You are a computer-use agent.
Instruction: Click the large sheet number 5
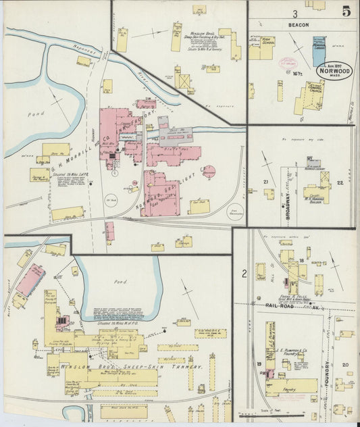click(345, 11)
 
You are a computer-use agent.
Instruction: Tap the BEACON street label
click(301, 25)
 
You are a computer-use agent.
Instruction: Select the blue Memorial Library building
click(319, 51)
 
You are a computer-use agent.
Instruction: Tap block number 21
click(265, 182)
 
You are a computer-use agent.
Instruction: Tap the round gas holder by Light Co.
click(209, 172)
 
